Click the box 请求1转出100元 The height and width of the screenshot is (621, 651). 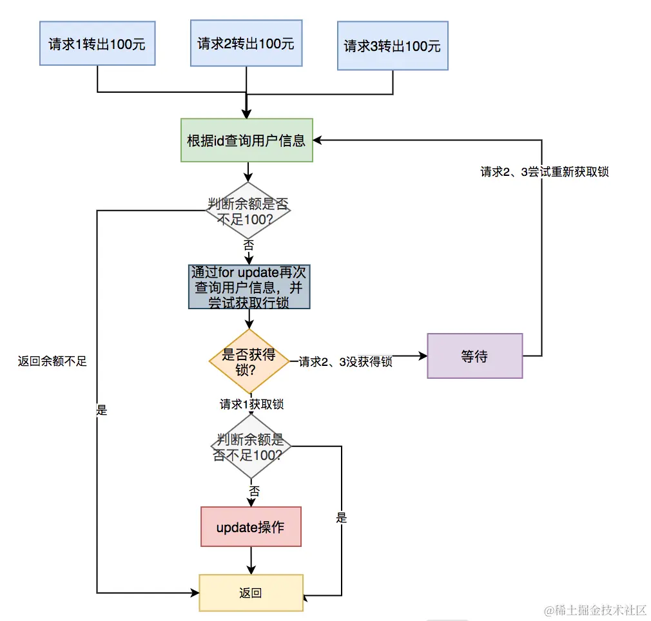(x=97, y=44)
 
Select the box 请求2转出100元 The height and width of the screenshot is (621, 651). (x=246, y=43)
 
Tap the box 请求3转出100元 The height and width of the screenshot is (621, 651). (x=393, y=46)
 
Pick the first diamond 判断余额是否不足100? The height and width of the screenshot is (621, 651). (x=248, y=211)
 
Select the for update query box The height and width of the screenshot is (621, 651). (x=249, y=287)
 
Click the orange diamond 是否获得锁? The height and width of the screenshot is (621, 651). (x=249, y=361)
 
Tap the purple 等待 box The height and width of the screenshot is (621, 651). (x=474, y=356)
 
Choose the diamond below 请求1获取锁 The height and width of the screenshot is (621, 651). (x=251, y=446)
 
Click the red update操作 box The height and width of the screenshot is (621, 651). (x=251, y=528)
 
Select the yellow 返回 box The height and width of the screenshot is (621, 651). (x=251, y=593)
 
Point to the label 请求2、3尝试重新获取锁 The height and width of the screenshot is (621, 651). (x=544, y=172)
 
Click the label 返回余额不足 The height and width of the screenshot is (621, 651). (x=52, y=361)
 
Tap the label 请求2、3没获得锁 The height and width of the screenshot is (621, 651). (x=345, y=362)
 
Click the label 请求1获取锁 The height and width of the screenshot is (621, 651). (x=251, y=405)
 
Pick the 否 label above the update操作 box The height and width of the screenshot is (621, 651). (x=254, y=492)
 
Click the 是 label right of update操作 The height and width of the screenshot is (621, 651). (x=342, y=517)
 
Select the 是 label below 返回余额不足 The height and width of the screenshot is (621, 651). (x=101, y=410)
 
